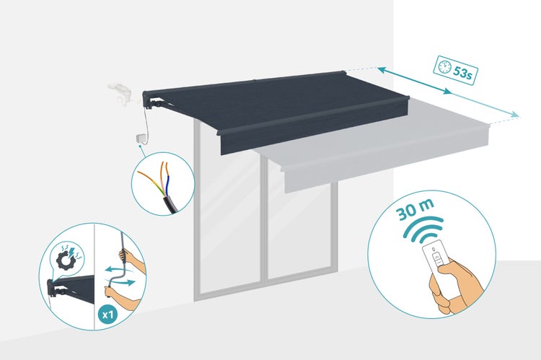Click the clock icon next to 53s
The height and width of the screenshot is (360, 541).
(444, 66)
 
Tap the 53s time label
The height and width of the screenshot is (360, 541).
(462, 73)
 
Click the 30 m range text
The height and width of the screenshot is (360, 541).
(414, 210)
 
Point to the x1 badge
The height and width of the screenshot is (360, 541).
(108, 315)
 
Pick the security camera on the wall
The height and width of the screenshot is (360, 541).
(120, 92)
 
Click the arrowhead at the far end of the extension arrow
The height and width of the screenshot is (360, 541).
(515, 115)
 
